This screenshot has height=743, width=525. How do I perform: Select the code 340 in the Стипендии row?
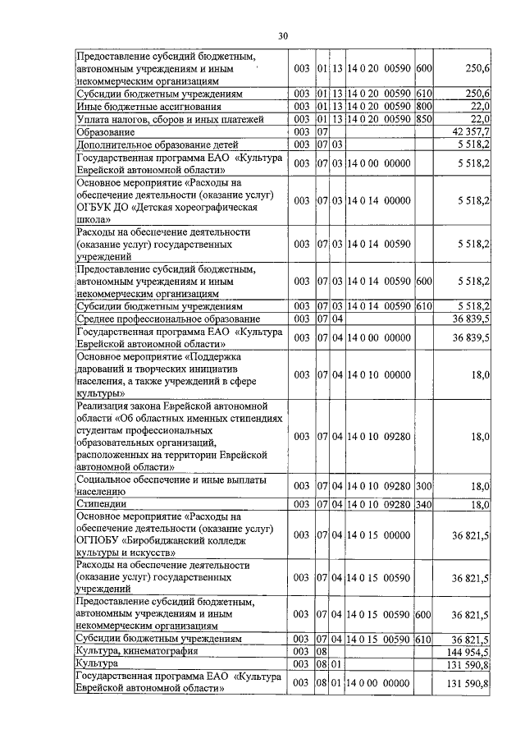coord(424,504)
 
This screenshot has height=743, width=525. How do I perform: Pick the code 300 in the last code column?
coord(424,486)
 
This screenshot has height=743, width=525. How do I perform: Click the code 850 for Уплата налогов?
coord(424,119)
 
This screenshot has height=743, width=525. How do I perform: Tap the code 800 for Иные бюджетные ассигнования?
coord(424,106)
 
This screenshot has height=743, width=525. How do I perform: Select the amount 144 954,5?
coord(465,650)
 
